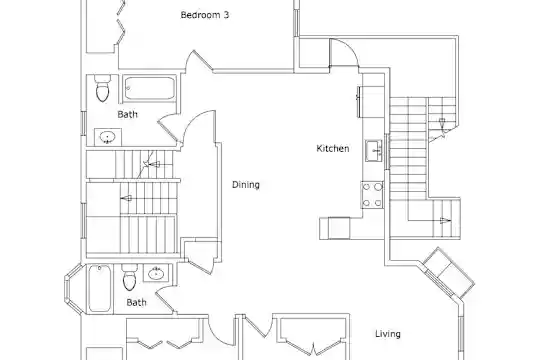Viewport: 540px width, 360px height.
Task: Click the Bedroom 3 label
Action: click(205, 15)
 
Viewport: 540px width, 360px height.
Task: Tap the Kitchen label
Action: click(333, 148)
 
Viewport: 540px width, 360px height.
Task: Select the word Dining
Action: click(246, 185)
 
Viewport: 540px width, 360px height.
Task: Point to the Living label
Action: click(388, 333)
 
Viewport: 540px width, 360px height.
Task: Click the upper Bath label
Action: click(127, 114)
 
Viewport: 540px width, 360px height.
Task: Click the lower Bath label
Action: click(136, 302)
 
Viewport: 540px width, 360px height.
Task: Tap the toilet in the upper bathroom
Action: click(103, 88)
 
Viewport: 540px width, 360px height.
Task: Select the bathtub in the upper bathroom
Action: click(149, 88)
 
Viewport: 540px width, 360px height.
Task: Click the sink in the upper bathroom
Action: click(107, 137)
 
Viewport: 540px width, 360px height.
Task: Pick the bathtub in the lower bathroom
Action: click(100, 289)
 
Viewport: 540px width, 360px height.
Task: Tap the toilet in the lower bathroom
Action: click(129, 277)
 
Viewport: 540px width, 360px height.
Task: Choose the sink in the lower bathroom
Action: click(156, 274)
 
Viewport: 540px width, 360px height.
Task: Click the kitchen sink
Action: click(374, 151)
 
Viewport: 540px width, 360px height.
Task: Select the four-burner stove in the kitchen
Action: click(372, 195)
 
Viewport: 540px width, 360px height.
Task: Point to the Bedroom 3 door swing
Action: click(198, 62)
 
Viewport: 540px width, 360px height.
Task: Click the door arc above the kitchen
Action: click(344, 52)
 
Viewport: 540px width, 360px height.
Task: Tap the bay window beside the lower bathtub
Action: click(73, 289)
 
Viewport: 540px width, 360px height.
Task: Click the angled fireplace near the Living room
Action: click(448, 273)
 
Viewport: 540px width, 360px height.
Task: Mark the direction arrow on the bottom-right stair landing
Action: click(446, 221)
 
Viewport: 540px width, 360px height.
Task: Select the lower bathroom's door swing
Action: click(166, 301)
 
